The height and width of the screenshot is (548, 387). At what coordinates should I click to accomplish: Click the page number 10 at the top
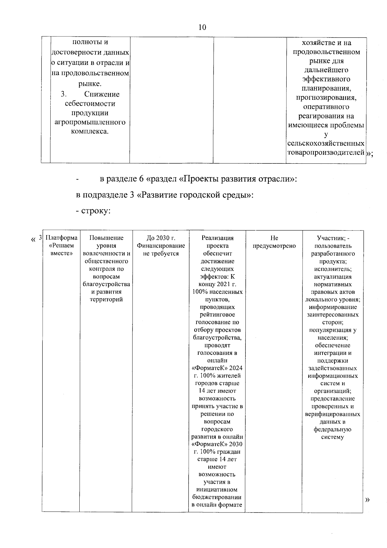click(x=202, y=27)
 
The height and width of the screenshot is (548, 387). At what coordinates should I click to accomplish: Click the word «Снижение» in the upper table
click(x=102, y=94)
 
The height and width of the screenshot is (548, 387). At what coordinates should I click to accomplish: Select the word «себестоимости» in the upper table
click(x=90, y=104)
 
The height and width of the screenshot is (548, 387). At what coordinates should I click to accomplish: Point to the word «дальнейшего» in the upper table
click(x=326, y=70)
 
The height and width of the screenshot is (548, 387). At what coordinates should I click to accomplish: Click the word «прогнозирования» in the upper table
click(x=326, y=98)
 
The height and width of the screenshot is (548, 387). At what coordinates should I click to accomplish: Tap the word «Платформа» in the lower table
click(x=62, y=238)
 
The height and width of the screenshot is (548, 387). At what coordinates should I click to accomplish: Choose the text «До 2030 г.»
click(x=161, y=238)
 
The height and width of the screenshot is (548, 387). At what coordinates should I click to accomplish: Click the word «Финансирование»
click(x=161, y=246)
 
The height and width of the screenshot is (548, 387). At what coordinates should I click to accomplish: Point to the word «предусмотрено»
click(x=274, y=246)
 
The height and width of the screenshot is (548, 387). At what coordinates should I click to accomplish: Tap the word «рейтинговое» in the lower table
click(x=217, y=315)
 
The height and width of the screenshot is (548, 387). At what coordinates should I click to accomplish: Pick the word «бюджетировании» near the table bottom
click(x=216, y=497)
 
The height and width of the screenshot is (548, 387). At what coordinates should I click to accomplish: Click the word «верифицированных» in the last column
click(x=332, y=414)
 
